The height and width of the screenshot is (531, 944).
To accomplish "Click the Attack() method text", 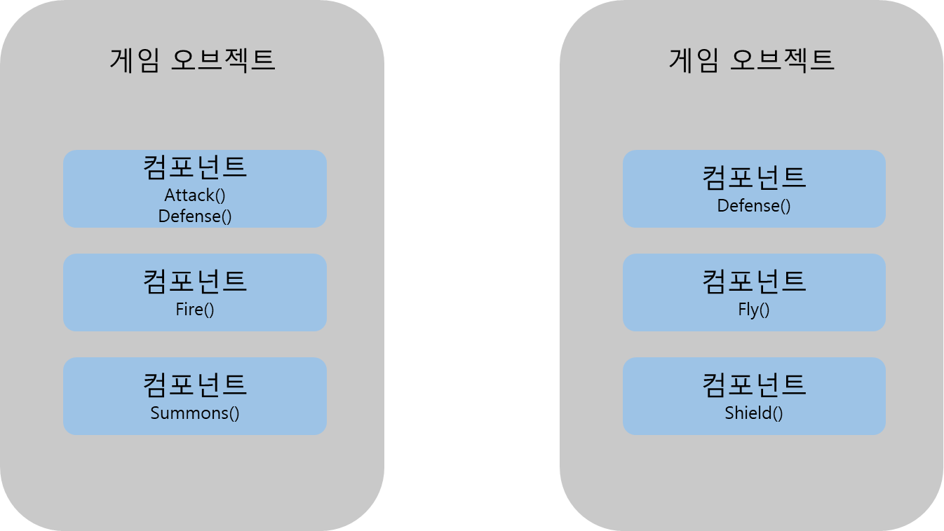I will pyautogui.click(x=195, y=195).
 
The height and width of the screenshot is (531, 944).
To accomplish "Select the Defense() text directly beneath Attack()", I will pyautogui.click(x=195, y=216).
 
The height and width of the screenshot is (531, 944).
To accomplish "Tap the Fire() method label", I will pyautogui.click(x=195, y=309).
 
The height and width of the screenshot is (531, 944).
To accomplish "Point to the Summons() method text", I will pyautogui.click(x=195, y=413).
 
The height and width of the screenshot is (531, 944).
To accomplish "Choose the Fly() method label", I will pyautogui.click(x=754, y=309).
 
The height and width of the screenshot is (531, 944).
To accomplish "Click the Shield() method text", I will pyautogui.click(x=754, y=413).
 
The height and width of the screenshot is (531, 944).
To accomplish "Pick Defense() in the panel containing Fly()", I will pyautogui.click(x=754, y=206).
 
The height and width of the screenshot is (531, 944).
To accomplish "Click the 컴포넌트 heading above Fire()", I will pyautogui.click(x=195, y=282).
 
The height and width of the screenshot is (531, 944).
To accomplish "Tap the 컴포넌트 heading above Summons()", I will pyautogui.click(x=195, y=385).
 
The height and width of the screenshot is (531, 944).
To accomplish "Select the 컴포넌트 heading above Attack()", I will pyautogui.click(x=195, y=167).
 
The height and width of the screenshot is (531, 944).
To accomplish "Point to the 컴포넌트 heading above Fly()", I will pyautogui.click(x=754, y=282).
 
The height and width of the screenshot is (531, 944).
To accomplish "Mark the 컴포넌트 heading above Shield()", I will pyautogui.click(x=754, y=385).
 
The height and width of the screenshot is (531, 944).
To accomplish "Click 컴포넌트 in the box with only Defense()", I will pyautogui.click(x=754, y=178).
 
